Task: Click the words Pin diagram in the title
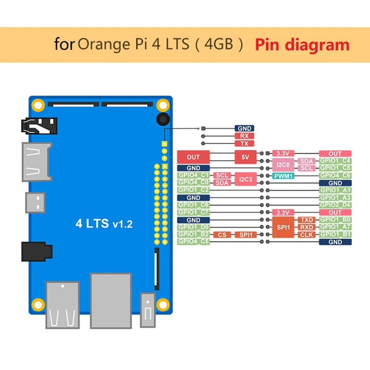coord(302,45)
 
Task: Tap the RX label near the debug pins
coord(244,136)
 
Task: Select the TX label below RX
coord(244,143)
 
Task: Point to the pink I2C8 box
coord(283,164)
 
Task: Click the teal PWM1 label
coord(284,176)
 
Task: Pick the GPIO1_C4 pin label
coord(335,161)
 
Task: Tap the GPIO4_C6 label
coord(335,176)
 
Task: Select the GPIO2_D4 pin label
coord(335,205)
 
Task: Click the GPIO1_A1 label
coord(335,190)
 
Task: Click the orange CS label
coord(222,235)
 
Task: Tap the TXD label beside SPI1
coord(307,220)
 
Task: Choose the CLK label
coord(307,235)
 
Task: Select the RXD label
coord(307,227)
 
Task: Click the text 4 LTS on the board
coord(92,224)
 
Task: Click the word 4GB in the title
coord(219,45)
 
